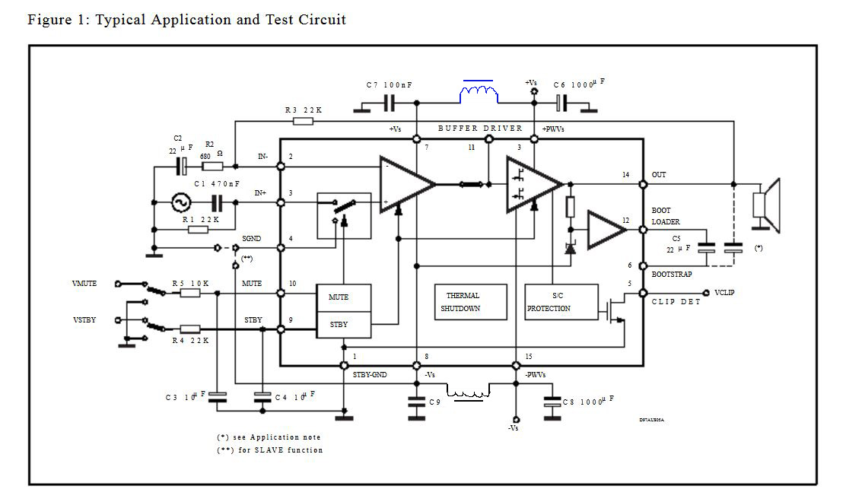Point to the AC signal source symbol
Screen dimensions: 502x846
click(181, 202)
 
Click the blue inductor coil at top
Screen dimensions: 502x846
click(478, 94)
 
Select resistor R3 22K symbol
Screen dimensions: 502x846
click(302, 122)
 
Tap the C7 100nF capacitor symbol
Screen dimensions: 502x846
click(389, 103)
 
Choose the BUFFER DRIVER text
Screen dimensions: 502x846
click(480, 128)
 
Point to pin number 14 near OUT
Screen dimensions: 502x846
click(626, 175)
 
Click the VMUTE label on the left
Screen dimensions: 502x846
click(84, 284)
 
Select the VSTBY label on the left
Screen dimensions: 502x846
click(84, 319)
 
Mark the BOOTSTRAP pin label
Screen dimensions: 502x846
click(671, 274)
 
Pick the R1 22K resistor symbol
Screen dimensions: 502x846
click(198, 229)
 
